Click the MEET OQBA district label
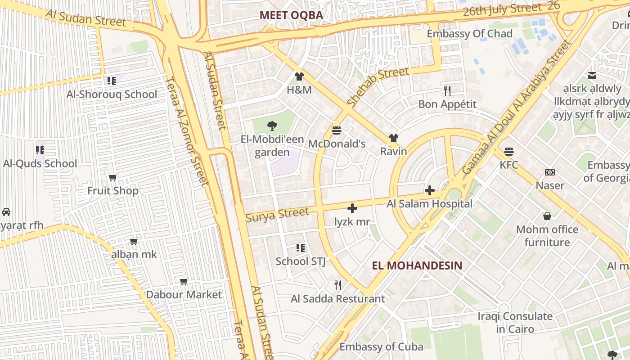291,15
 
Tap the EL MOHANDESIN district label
417,265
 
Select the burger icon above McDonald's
337,130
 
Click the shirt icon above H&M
299,76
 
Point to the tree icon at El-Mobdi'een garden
272,126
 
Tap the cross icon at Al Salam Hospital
429,190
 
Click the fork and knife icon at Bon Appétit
447,91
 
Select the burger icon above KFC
509,151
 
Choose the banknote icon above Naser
549,172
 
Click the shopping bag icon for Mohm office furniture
547,216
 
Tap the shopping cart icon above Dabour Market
184,282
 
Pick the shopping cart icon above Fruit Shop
112,177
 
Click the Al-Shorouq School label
112,94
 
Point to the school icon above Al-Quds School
40,150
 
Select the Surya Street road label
277,214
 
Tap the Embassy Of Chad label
469,34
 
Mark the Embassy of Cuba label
381,347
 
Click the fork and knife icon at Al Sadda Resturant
338,285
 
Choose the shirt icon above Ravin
393,138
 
